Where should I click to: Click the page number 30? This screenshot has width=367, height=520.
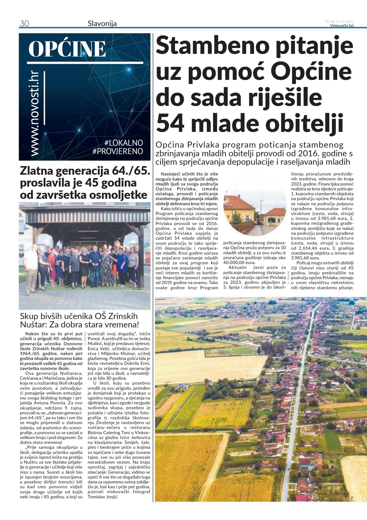coord(24,24)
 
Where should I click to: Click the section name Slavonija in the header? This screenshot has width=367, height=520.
coord(102,24)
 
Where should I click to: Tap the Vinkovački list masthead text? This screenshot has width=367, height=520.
coord(342,26)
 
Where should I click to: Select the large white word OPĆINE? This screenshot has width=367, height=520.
coord(67,49)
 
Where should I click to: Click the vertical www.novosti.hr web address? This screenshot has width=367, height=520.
coord(35,114)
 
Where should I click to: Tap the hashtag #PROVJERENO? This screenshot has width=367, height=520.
coord(118,151)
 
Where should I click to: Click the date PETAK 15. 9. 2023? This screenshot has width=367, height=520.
coord(339,21)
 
